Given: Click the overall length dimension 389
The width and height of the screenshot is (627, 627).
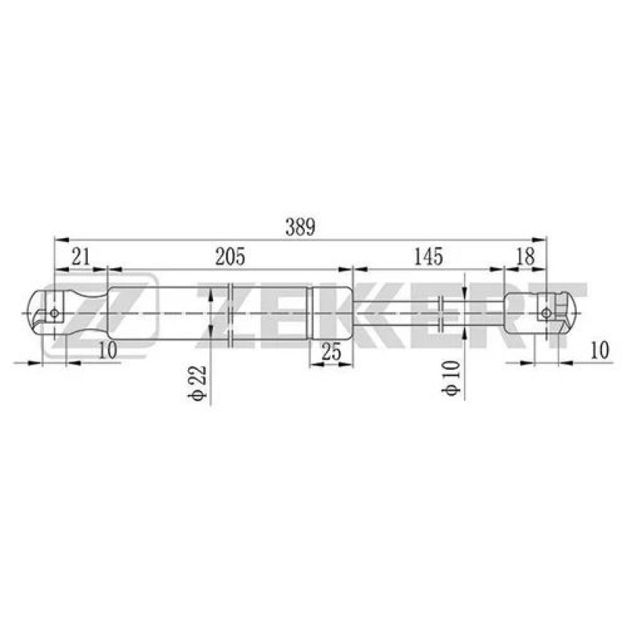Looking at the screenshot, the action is coord(300,227).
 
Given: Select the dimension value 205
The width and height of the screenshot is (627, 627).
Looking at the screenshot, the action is coord(230,256).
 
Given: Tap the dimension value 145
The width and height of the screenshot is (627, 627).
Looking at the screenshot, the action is coord(428,256).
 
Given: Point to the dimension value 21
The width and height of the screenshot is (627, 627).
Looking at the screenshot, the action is coord(81,256).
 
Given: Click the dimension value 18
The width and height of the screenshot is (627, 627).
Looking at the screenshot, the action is coord(525,256).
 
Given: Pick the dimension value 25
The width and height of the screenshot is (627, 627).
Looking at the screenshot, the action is coord(332,352).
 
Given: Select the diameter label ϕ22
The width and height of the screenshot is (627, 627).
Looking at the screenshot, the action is coord(198,382).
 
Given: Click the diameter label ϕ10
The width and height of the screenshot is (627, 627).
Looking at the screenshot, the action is coord(451,378).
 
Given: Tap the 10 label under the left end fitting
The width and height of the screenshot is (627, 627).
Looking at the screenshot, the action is coord(107,350).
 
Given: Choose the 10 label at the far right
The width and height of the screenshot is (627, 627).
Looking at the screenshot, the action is coord(600,350).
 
